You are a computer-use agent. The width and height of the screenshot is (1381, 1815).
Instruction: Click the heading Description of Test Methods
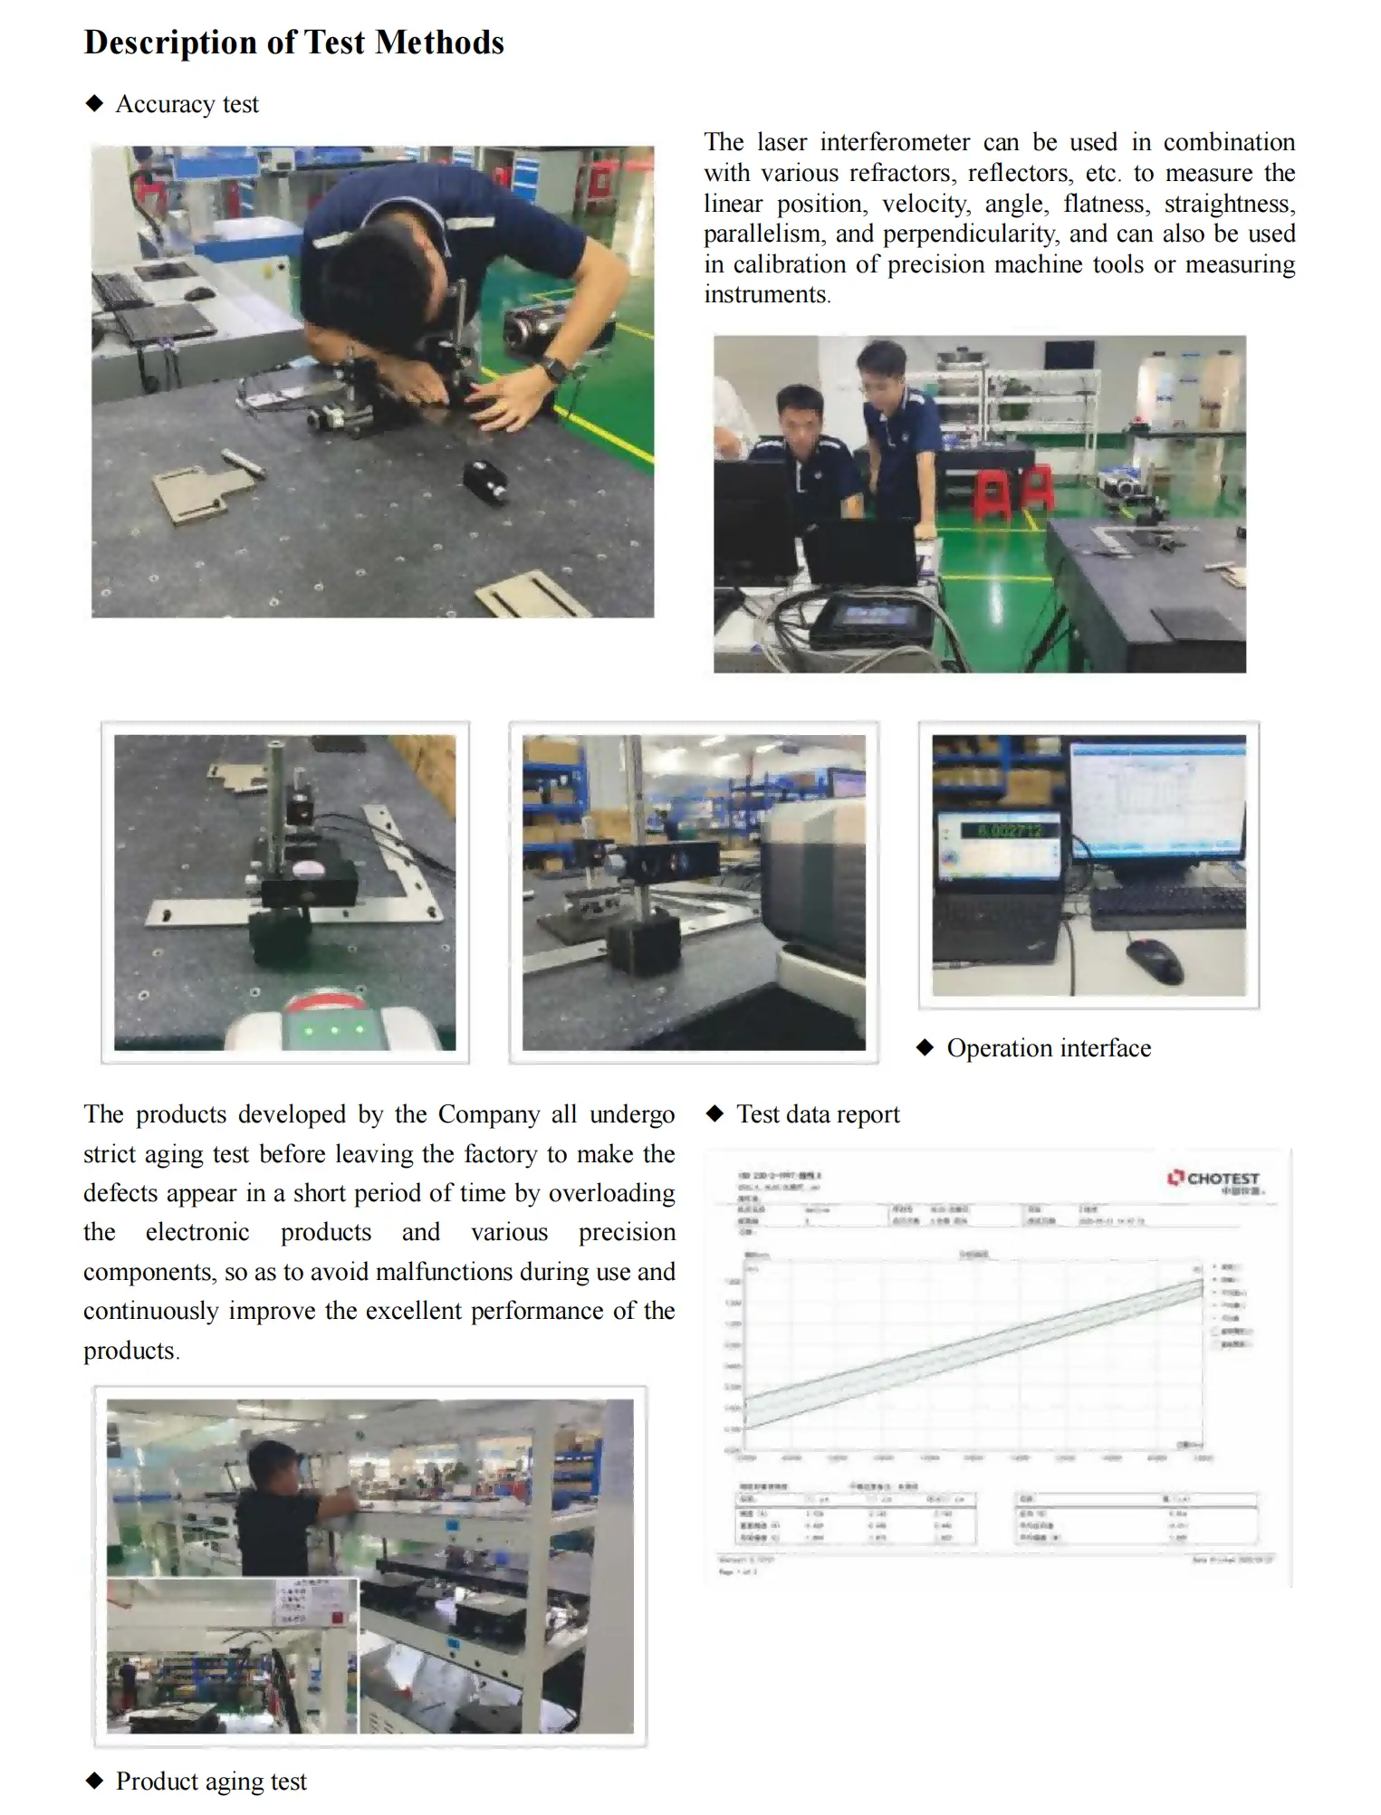point(293,43)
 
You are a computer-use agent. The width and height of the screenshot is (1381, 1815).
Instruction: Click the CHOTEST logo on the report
point(1213,1179)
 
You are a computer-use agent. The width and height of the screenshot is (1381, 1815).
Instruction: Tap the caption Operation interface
point(1049,1048)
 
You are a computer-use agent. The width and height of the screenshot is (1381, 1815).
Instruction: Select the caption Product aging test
point(211,1782)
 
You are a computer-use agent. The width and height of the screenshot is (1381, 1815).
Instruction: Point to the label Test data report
point(818,1114)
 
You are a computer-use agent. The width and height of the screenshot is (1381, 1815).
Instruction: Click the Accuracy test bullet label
point(187,105)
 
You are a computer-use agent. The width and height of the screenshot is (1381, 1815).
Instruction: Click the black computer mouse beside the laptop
point(1154,960)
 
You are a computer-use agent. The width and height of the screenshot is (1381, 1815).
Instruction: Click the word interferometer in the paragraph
point(895,143)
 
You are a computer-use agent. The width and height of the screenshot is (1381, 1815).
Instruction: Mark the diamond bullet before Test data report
point(715,1114)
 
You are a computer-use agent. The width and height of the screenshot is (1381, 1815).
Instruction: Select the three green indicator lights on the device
point(335,1030)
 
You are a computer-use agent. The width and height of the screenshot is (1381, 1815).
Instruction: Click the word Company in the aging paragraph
point(489,1114)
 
